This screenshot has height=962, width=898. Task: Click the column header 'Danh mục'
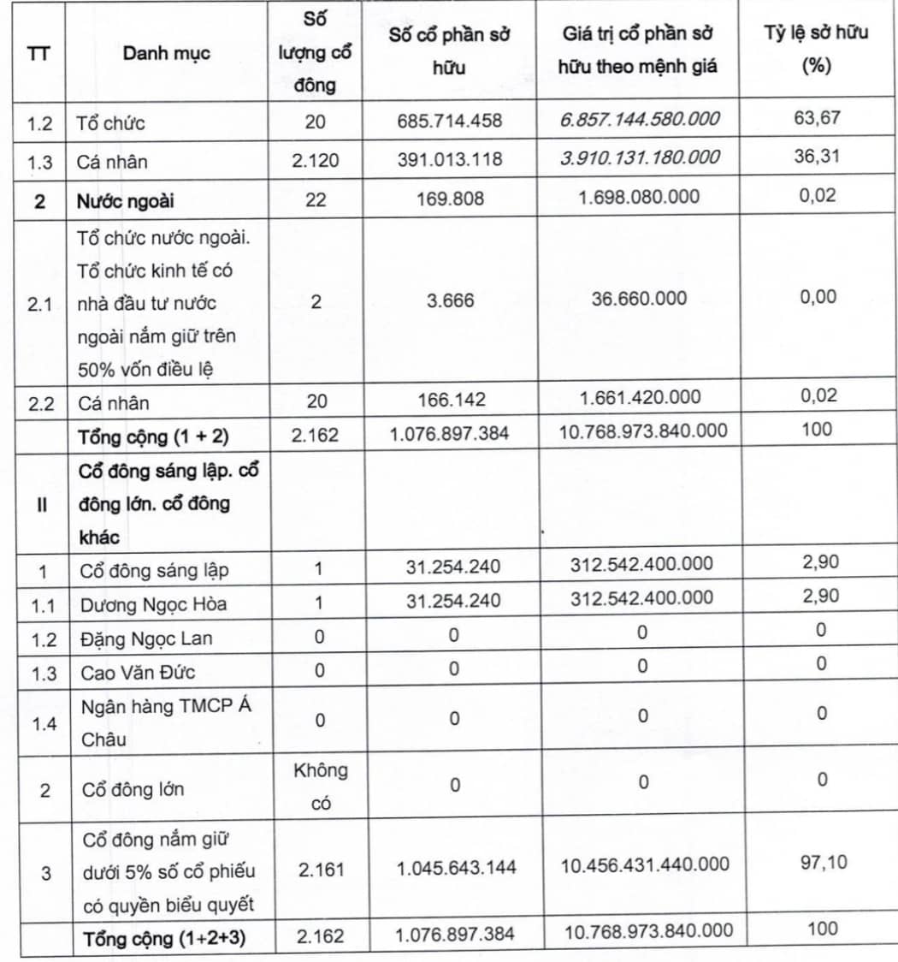166,54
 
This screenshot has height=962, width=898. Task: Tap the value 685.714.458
450,122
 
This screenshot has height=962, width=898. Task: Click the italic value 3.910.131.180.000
640,157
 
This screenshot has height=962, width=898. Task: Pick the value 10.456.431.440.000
645,864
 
